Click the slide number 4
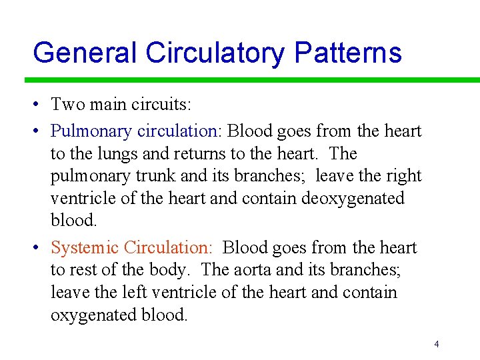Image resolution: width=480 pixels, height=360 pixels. (x=436, y=344)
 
